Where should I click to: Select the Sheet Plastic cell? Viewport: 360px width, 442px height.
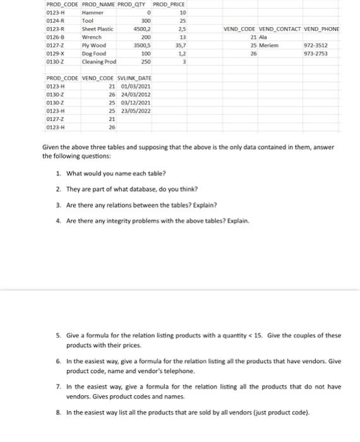[x=96, y=29]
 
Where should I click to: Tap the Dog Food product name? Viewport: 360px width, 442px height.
[x=93, y=54]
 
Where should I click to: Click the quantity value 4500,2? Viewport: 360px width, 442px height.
[x=142, y=29]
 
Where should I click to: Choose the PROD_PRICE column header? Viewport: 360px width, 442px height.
[x=169, y=5]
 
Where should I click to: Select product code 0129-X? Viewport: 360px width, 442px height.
[x=56, y=54]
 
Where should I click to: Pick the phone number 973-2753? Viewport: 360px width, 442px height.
[x=315, y=54]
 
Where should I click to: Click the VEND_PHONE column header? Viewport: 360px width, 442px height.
[x=321, y=30]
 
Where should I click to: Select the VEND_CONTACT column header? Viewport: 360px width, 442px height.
[x=279, y=30]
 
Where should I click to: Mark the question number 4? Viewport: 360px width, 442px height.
[x=58, y=221]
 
